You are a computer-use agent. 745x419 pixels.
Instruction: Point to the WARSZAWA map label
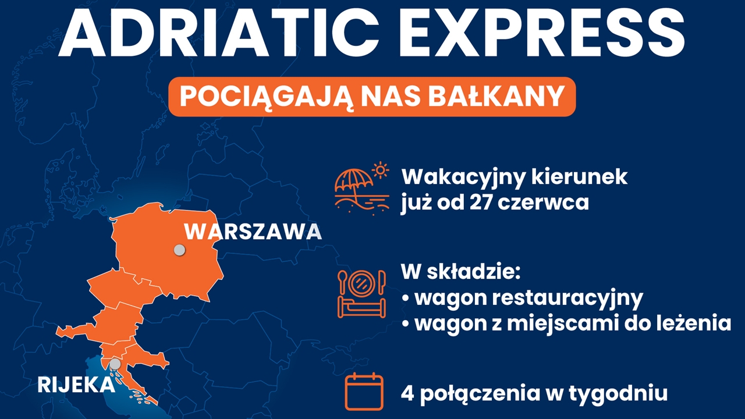[x=253, y=232]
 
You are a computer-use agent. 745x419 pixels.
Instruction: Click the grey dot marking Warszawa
[x=180, y=250]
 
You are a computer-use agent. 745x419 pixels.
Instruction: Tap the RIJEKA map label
[x=76, y=385]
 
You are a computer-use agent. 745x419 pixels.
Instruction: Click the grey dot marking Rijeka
[x=115, y=364]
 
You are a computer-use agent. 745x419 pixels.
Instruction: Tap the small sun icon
[x=381, y=171]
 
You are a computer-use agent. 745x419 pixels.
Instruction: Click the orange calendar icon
[x=364, y=392]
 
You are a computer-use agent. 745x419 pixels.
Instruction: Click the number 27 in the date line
[x=481, y=202]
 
